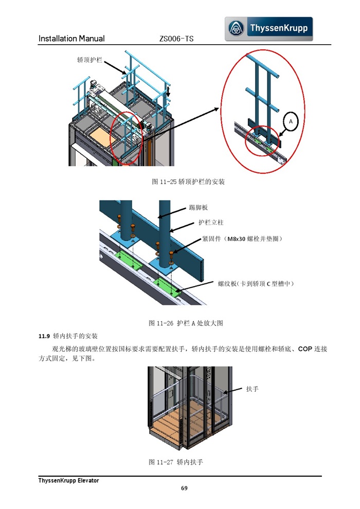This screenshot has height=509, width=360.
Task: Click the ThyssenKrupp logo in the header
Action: tap(268, 29)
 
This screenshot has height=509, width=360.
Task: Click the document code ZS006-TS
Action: tap(176, 39)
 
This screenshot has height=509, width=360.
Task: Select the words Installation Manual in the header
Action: tap(71, 39)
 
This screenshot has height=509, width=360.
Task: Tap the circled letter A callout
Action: tap(291, 121)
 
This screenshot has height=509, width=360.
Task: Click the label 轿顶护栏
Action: tap(89, 60)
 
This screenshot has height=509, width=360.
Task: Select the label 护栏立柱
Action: tap(211, 223)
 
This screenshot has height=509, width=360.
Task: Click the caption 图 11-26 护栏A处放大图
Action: tap(186, 323)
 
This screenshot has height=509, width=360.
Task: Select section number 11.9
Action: tap(44, 337)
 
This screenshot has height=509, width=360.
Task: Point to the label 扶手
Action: tap(252, 389)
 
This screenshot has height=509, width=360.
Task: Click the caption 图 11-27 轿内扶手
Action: tap(176, 462)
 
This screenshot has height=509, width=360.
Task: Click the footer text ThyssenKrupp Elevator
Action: tap(68, 480)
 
